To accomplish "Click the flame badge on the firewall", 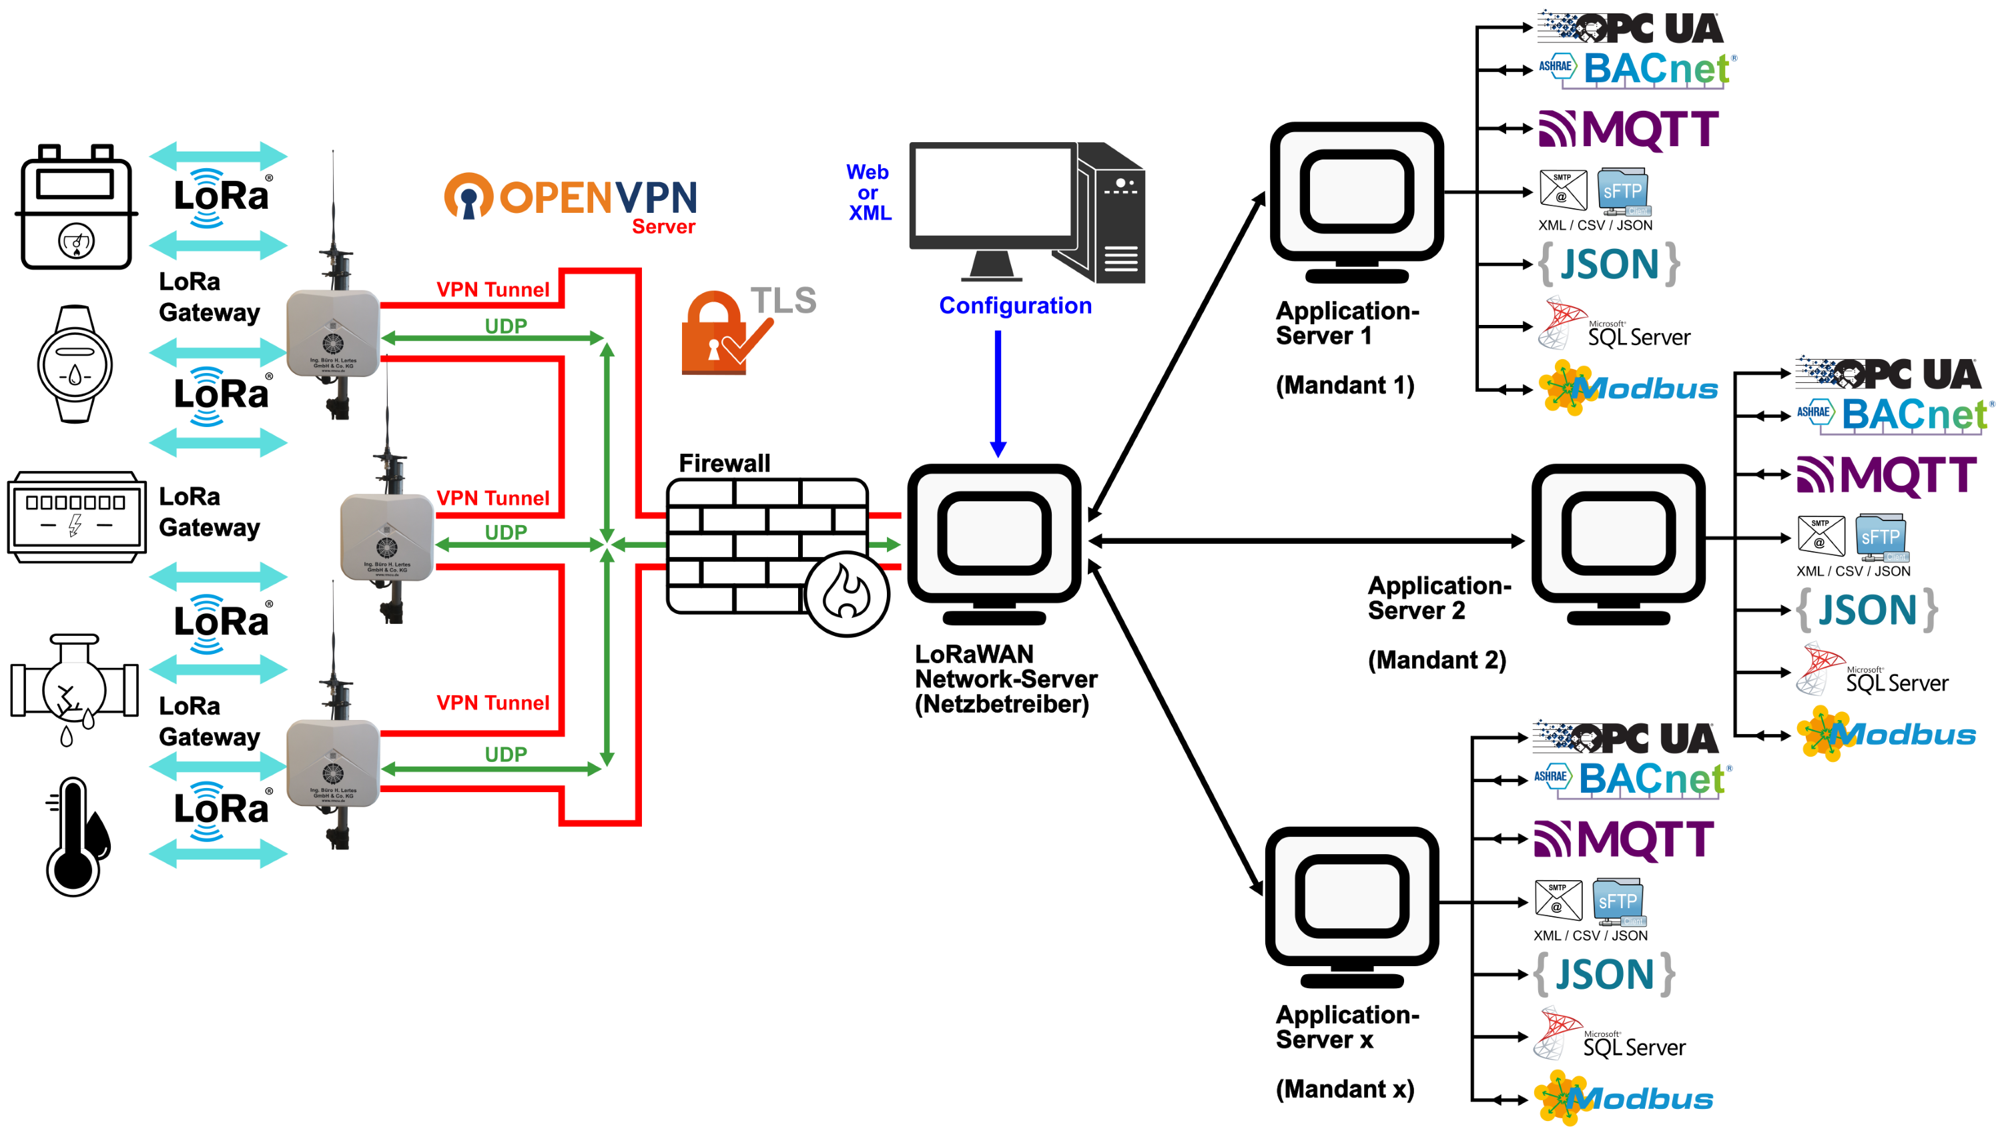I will (x=846, y=594).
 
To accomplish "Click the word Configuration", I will (x=1015, y=306).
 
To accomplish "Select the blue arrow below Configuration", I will (x=998, y=392).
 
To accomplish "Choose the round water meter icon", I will (x=75, y=364).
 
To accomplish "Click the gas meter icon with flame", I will (x=76, y=208).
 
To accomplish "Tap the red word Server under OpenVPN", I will (x=663, y=227).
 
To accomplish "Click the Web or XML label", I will (x=868, y=192).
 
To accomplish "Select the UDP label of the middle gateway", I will (x=505, y=532).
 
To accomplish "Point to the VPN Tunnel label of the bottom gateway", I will (x=492, y=703).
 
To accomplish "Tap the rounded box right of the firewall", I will (x=994, y=533).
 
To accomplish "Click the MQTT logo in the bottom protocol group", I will (x=1624, y=839).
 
